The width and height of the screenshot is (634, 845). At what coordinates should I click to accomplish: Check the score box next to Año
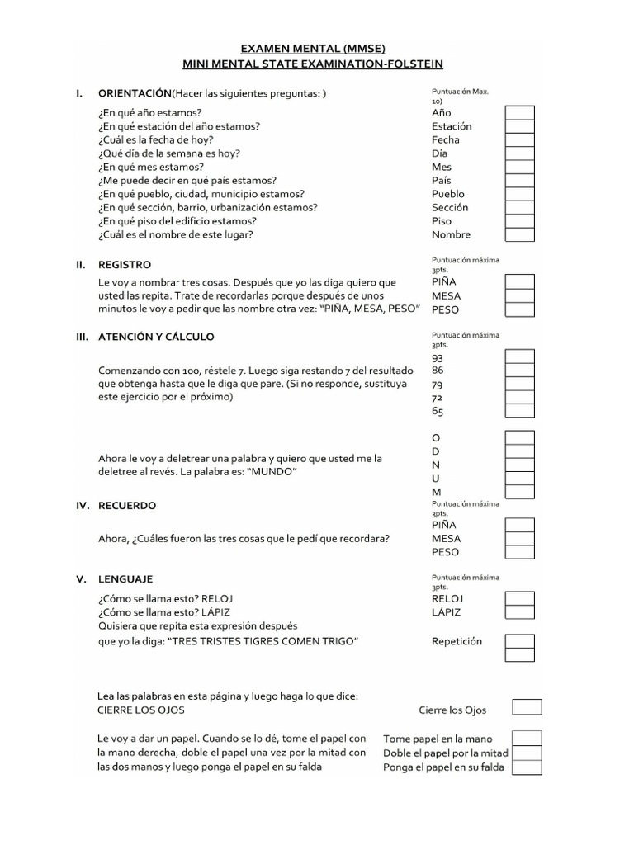[x=519, y=113]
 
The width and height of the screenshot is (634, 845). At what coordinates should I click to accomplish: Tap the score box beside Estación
[x=519, y=126]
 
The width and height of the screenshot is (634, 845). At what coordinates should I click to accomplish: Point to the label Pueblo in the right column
[x=448, y=194]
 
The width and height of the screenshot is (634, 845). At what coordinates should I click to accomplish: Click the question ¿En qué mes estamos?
[x=152, y=167]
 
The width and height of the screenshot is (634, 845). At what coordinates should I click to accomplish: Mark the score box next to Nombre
[x=519, y=234]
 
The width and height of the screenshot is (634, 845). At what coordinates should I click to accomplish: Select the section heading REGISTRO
[x=125, y=265]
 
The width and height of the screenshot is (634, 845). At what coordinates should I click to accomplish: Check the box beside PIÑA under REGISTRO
[x=519, y=282]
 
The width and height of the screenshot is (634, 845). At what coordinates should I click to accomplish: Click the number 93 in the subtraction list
[x=438, y=358]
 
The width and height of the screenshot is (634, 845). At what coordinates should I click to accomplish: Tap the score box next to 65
[x=519, y=411]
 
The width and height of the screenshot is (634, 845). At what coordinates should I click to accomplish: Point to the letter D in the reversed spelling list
[x=436, y=451]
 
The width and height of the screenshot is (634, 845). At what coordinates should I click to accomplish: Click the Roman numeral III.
[x=82, y=337]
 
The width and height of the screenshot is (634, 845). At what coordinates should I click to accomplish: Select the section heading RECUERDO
[x=127, y=505]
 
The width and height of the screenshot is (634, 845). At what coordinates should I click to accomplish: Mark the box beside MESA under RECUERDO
[x=519, y=538]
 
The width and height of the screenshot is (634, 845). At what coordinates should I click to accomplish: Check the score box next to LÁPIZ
[x=519, y=612]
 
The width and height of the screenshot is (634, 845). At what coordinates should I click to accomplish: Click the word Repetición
[x=457, y=641]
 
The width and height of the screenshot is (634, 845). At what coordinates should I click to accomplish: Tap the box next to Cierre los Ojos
[x=527, y=707]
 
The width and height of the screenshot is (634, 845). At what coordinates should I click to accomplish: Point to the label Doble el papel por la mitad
[x=445, y=753]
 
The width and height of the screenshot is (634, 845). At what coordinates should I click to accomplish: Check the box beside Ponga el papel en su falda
[x=527, y=767]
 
